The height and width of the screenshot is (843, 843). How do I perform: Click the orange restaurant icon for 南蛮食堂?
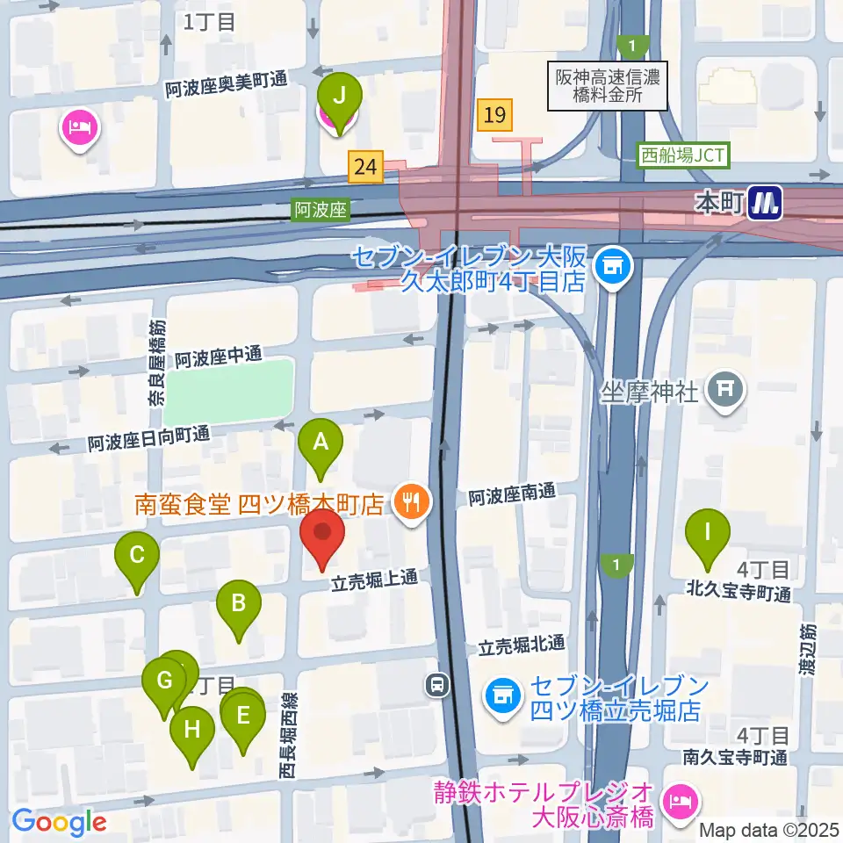point(409,502)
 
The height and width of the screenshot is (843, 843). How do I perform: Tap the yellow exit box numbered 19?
point(495,114)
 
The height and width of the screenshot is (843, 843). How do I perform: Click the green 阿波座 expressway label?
point(321,210)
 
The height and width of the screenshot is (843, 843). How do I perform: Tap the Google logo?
point(60,822)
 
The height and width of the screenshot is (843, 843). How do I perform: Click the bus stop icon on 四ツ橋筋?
point(437,685)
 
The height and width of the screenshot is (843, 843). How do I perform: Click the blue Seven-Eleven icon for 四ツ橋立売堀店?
point(502,696)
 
